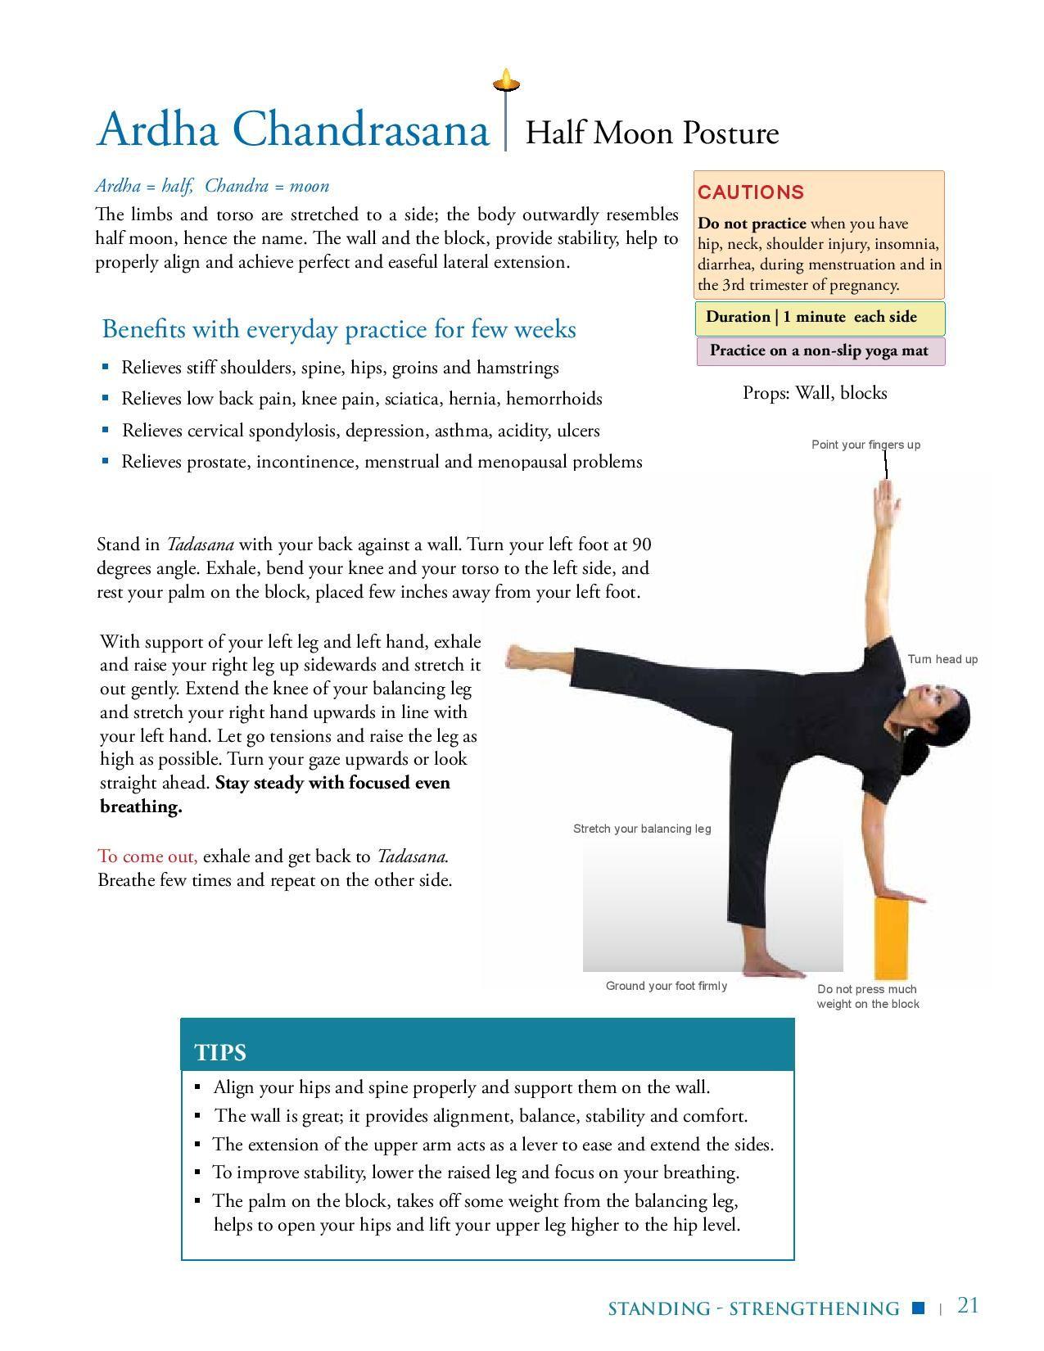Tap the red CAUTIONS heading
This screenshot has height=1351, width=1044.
tap(750, 192)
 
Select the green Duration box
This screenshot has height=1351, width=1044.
tap(820, 318)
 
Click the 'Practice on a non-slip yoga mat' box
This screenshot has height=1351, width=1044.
tap(820, 351)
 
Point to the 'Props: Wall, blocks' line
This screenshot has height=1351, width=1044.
tap(815, 393)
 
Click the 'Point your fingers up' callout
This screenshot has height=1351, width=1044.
tap(865, 445)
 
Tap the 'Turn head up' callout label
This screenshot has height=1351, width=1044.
tap(942, 659)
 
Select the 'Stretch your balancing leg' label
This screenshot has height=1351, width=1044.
tap(642, 829)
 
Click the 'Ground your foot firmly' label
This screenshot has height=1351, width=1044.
tap(666, 986)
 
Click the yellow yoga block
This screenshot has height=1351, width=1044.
tap(891, 937)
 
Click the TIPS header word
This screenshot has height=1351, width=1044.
tap(220, 1052)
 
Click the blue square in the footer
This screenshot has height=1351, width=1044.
tap(918, 1308)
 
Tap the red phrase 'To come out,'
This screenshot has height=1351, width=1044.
tap(147, 856)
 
